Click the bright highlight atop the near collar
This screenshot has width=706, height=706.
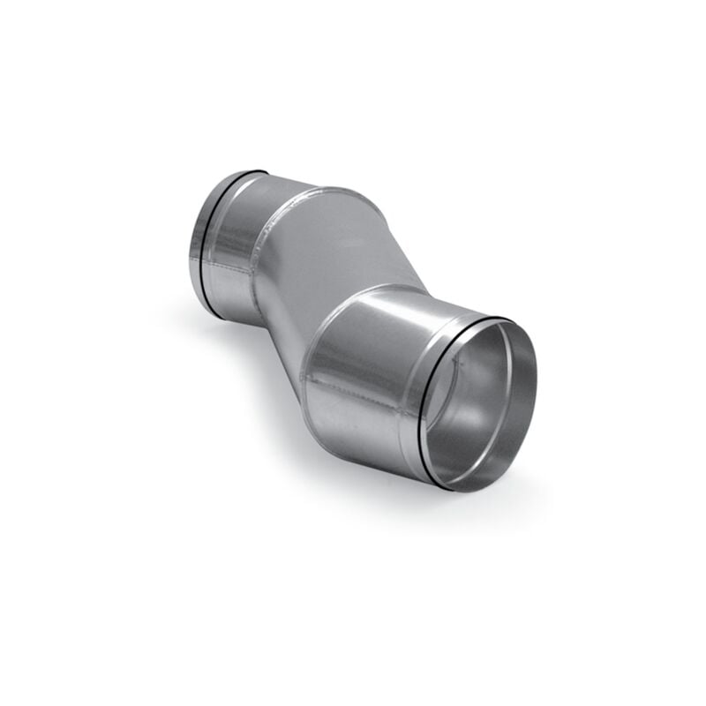(388, 304)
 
